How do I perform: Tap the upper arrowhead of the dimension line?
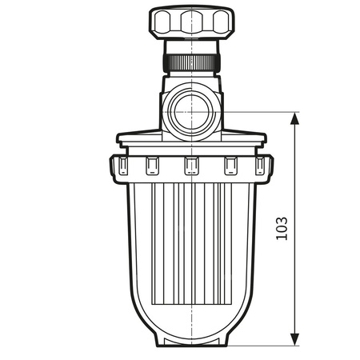295,119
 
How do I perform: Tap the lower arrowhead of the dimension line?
295,339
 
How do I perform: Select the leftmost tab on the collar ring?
122,165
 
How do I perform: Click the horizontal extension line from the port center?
256,112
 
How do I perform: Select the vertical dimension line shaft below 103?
295,296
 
